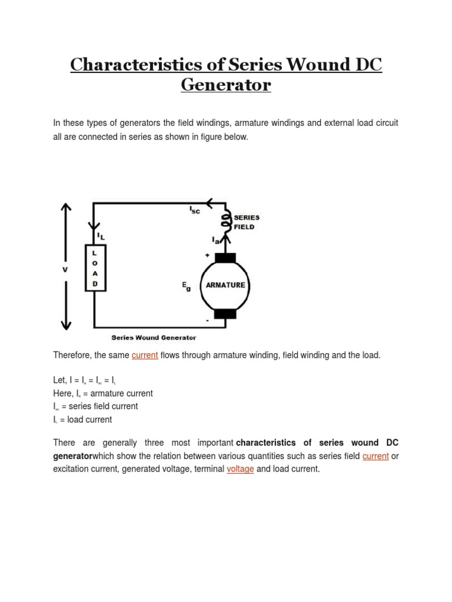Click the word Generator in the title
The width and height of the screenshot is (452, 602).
click(226, 85)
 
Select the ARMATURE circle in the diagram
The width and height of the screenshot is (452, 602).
click(225, 285)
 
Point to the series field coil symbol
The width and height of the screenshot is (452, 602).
click(225, 221)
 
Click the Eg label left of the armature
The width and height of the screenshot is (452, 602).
click(186, 286)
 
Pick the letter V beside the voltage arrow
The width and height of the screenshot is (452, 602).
click(65, 269)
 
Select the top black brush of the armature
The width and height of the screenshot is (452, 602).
click(225, 258)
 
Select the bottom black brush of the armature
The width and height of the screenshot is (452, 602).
click(225, 314)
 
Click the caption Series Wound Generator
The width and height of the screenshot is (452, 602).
click(154, 337)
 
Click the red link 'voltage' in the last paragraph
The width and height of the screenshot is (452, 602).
click(240, 469)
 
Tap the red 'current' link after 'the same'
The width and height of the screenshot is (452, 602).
click(145, 356)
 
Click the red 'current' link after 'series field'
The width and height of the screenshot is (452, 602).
click(375, 456)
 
